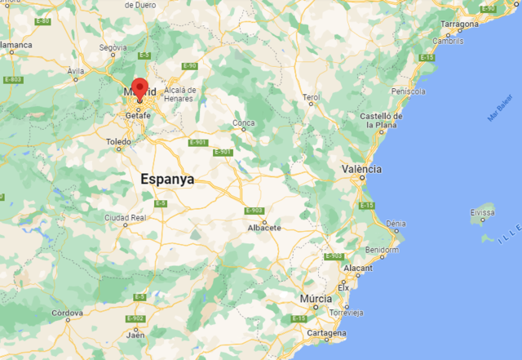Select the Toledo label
pyautogui.click(x=118, y=141)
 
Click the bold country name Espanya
pyautogui.click(x=167, y=179)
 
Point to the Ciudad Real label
pyautogui.click(x=125, y=218)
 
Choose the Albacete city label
pyautogui.click(x=264, y=228)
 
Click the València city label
pyautogui.click(x=361, y=168)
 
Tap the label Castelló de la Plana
pyautogui.click(x=383, y=122)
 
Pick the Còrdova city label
pyautogui.click(x=67, y=313)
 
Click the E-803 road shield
pyautogui.click(x=12, y=79)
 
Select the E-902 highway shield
pyautogui.click(x=136, y=318)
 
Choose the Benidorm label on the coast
pyautogui.click(x=382, y=250)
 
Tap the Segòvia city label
pyautogui.click(x=113, y=47)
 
